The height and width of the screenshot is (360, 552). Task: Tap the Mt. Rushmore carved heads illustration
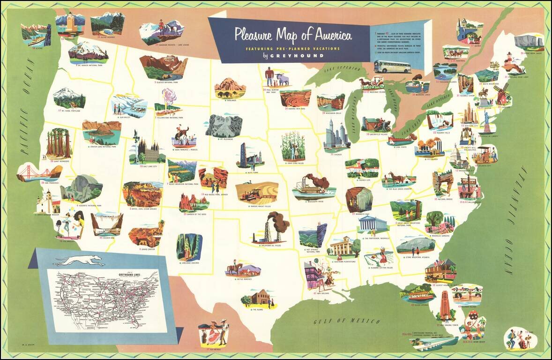(224, 125)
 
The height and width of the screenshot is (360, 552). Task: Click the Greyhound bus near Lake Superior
(392, 67)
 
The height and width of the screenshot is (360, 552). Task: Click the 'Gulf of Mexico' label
(347, 321)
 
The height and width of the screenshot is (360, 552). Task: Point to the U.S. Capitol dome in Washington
(458, 157)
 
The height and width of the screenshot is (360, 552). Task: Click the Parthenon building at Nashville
(373, 224)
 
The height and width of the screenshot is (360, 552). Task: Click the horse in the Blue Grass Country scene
(397, 179)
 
